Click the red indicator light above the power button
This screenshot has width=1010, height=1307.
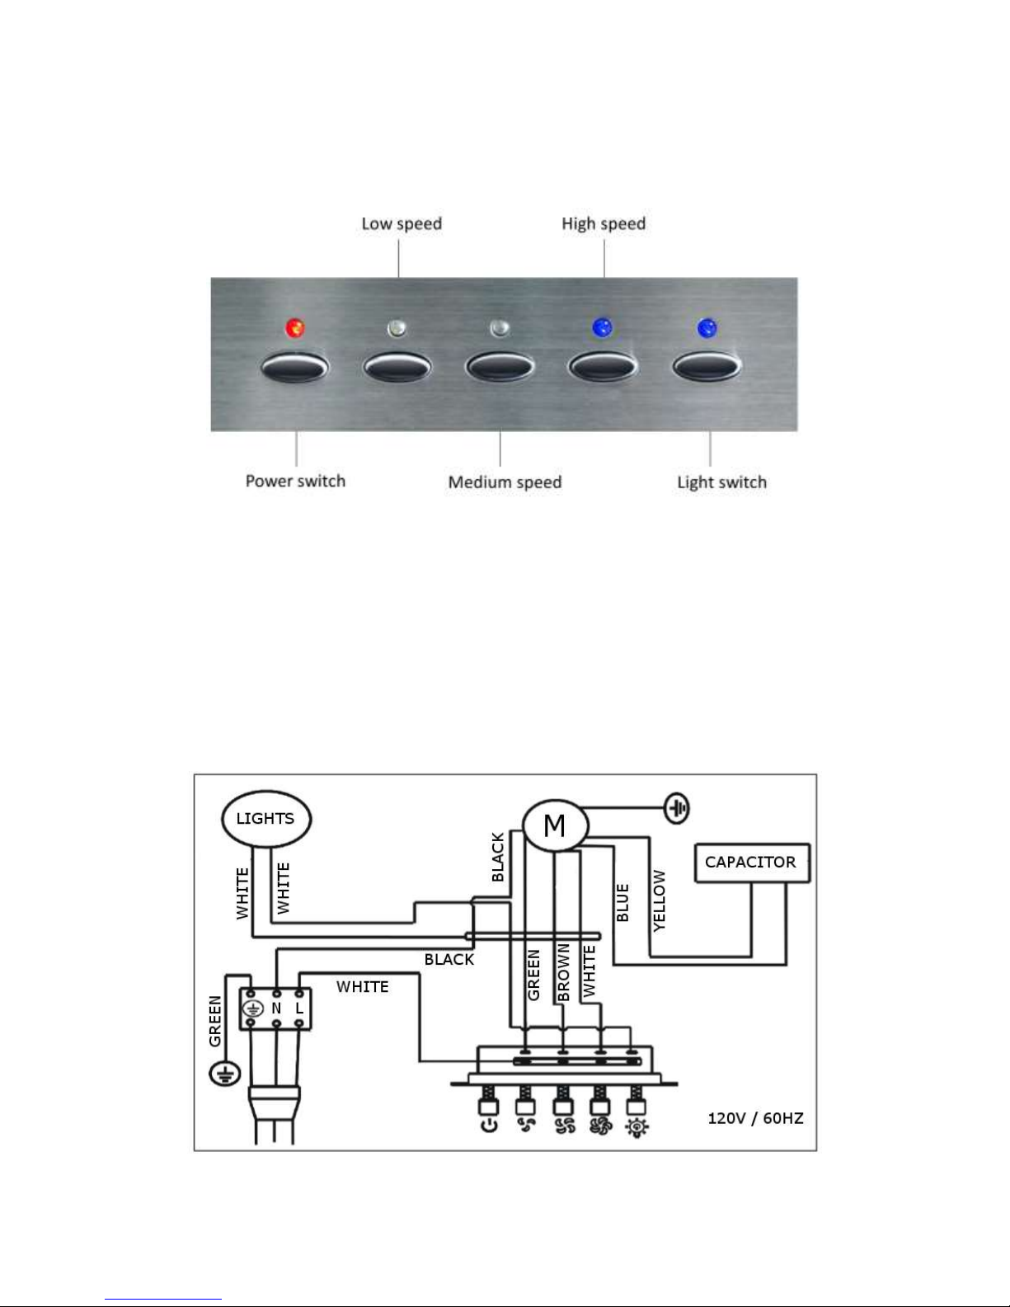point(294,328)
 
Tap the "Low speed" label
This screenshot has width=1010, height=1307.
point(402,224)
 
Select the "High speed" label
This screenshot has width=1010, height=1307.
point(604,224)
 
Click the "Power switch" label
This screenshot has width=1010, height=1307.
point(296,482)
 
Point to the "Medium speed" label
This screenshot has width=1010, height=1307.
point(505,482)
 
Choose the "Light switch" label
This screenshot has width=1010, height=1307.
point(722,482)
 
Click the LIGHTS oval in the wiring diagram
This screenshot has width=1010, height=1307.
point(266,819)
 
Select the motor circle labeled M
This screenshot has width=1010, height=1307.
point(555,825)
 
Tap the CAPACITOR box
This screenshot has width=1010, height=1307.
point(752,863)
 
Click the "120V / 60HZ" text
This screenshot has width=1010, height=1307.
point(756,1118)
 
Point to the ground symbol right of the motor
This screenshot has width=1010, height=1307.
point(677,808)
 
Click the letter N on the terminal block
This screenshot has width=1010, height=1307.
point(276,1008)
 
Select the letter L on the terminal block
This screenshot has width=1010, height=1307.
point(299,1008)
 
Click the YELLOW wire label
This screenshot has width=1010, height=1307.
point(660,900)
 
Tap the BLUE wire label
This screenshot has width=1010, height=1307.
point(622,903)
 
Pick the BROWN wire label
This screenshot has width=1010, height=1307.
point(563,972)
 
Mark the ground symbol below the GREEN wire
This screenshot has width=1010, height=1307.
point(225,1074)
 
